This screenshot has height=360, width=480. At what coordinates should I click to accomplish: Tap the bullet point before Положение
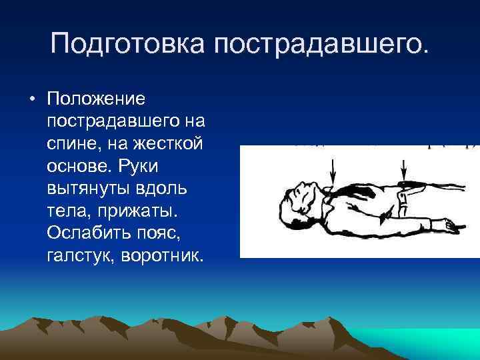[x=31, y=99]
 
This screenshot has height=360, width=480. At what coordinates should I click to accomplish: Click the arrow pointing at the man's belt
[x=403, y=170]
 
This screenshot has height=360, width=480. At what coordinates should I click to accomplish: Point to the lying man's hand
[x=453, y=228]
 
